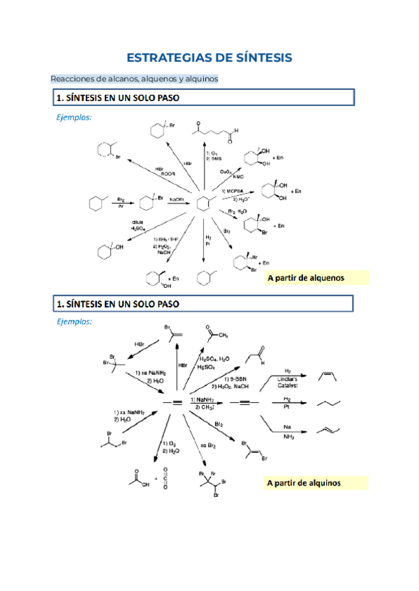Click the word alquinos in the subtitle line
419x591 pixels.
(x=200, y=79)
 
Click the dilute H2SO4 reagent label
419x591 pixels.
(x=137, y=224)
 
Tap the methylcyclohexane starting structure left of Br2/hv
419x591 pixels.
(x=98, y=204)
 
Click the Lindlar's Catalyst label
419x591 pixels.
(x=288, y=380)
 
